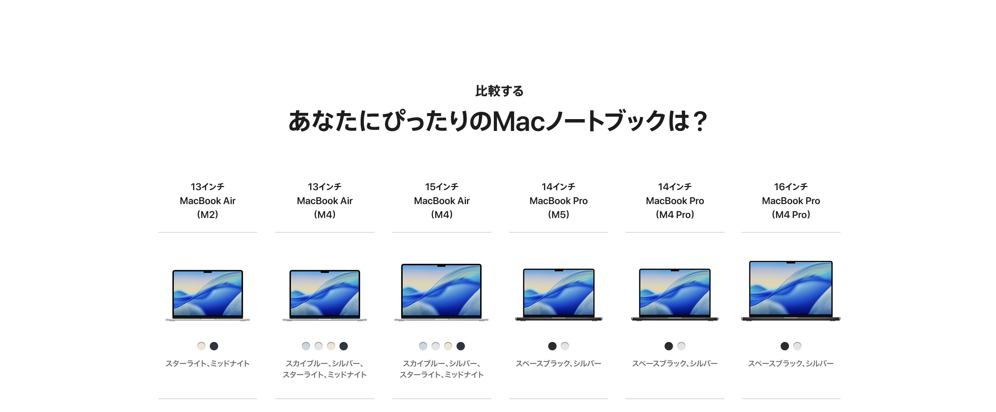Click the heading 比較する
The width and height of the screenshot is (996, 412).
coord(499,91)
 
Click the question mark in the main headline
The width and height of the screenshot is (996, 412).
coord(699,121)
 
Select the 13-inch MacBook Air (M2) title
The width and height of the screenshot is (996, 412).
coord(208,201)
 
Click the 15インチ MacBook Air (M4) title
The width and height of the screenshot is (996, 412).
coord(442,201)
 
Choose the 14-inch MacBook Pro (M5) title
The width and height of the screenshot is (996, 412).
coord(558,201)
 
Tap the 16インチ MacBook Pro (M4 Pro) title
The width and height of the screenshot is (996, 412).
coord(791,201)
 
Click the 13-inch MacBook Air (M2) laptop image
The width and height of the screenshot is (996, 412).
coord(208,295)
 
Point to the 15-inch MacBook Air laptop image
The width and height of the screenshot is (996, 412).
coord(442,292)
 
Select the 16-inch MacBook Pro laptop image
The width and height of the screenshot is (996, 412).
coord(791,291)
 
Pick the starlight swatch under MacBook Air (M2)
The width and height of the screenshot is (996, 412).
coord(201,346)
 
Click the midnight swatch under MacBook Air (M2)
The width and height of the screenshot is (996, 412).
coord(214,346)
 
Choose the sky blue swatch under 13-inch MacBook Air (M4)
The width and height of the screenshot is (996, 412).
coord(306,346)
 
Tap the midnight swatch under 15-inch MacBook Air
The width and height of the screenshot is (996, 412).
coord(460,346)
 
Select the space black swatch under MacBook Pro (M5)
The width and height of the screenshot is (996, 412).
coord(552,346)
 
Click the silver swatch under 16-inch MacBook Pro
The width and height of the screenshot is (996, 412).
coord(797,346)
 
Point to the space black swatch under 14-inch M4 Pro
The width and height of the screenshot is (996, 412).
coord(668,346)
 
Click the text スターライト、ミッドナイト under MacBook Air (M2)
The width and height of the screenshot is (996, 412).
coord(208,363)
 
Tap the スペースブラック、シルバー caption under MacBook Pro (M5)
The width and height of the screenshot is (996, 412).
coord(558,363)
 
